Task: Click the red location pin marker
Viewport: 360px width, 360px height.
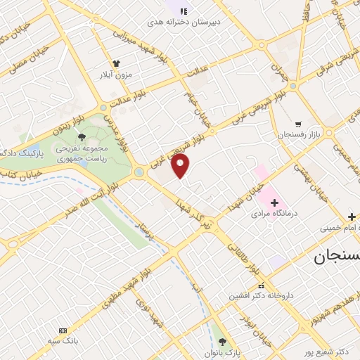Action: [181, 166]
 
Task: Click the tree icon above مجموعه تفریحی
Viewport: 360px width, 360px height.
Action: [82, 137]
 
